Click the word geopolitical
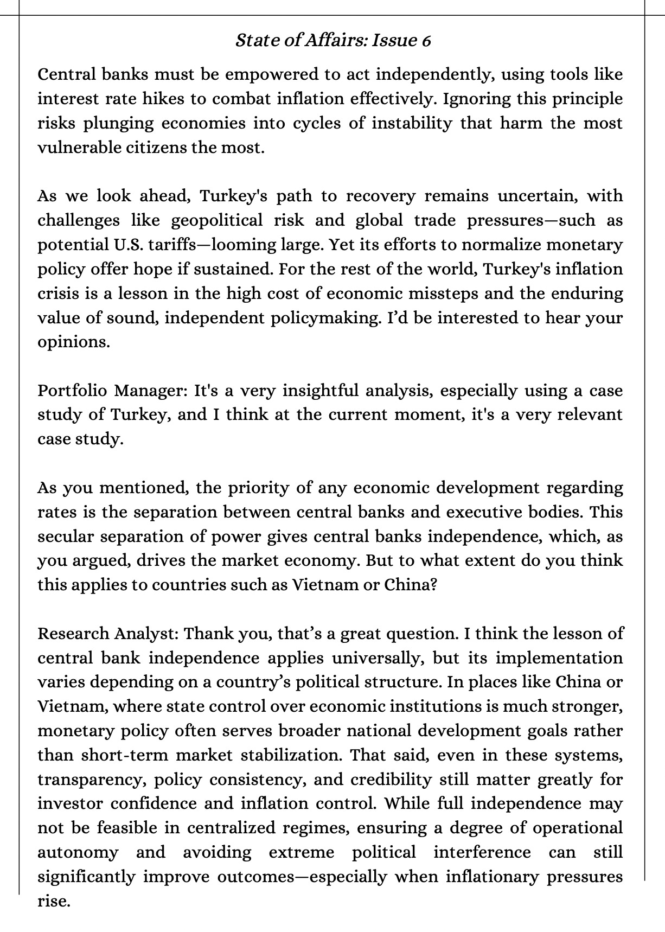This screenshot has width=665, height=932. coord(217,220)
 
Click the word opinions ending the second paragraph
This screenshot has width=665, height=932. coord(73,342)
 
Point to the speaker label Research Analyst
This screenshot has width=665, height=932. coord(108,634)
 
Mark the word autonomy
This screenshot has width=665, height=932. coord(78,852)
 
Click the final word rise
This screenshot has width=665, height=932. coord(54,901)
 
